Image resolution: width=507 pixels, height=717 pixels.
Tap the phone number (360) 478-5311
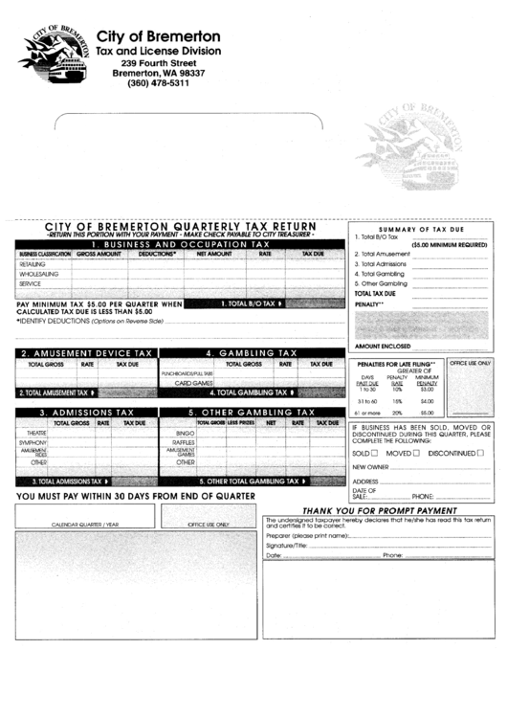click(x=158, y=83)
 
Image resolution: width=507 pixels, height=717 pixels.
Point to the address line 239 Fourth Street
click(x=158, y=62)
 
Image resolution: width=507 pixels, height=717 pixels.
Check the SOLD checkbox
click(x=374, y=452)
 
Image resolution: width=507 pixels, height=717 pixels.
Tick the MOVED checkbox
click(x=416, y=452)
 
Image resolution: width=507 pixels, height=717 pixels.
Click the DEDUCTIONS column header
click(x=156, y=254)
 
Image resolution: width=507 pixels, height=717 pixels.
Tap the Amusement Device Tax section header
click(x=86, y=353)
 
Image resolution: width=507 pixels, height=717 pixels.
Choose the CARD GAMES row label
click(x=193, y=382)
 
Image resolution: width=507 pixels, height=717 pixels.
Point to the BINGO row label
click(x=186, y=433)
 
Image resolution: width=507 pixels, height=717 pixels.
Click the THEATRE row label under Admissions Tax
click(x=34, y=433)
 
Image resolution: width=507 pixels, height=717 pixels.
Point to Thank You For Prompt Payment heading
click(x=380, y=510)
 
